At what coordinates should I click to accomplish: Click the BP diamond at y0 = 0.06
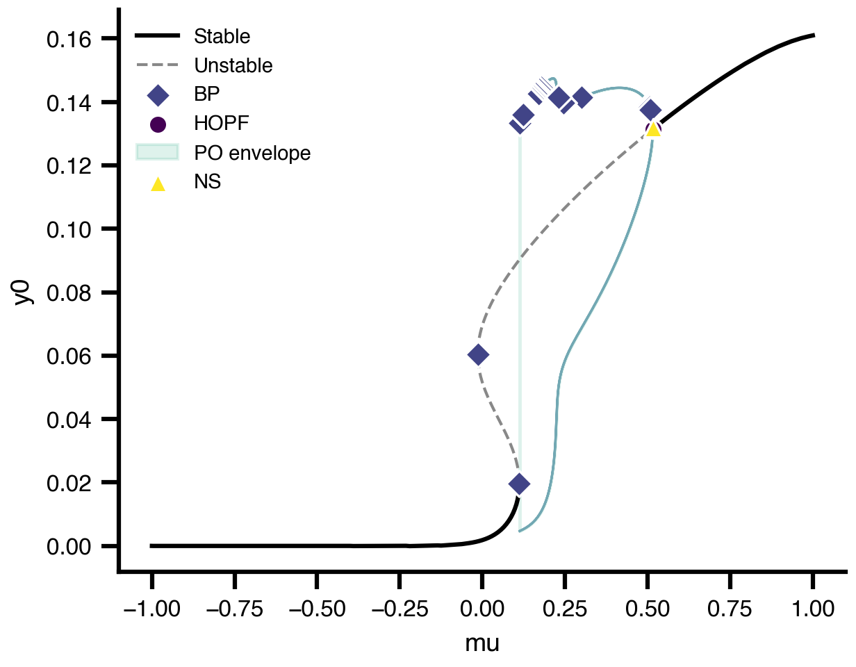[x=478, y=355]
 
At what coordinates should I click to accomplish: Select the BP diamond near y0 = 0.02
[x=518, y=484]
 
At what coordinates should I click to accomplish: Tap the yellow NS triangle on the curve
[x=653, y=129]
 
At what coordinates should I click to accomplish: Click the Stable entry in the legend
[x=222, y=35]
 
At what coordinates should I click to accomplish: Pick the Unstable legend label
[x=233, y=66]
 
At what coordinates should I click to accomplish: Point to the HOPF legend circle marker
[x=158, y=124]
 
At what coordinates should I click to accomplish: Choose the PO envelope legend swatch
[x=158, y=153]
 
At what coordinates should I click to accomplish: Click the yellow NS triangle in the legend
[x=158, y=183]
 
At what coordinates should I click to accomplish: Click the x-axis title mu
[x=482, y=644]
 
